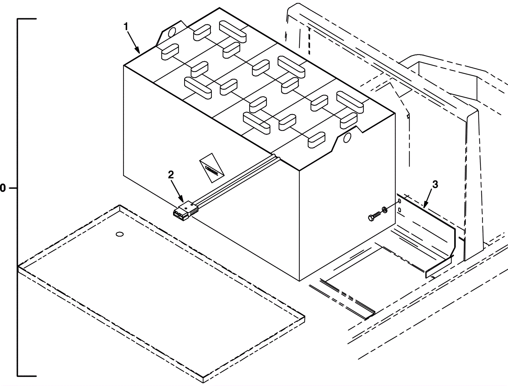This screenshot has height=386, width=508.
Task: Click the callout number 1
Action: point(126,27)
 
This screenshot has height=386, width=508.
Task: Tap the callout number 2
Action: point(171,175)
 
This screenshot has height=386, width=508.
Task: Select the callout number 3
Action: point(435,184)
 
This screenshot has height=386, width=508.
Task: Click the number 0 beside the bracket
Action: point(3,188)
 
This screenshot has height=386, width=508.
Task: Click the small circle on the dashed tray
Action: point(120,235)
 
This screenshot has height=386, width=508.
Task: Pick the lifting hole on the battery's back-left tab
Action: point(171,32)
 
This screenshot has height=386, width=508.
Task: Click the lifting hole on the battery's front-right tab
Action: point(347,137)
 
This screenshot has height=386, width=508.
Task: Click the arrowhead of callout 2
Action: point(183,202)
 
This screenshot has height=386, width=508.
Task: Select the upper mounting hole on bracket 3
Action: point(399,201)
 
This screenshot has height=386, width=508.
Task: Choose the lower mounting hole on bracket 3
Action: point(399,210)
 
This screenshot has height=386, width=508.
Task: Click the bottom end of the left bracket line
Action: point(18,376)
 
